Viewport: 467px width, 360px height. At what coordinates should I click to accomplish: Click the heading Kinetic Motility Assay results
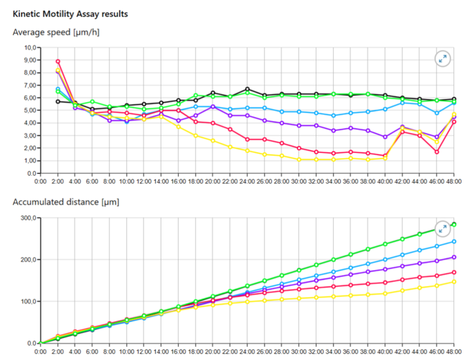[x=70, y=14]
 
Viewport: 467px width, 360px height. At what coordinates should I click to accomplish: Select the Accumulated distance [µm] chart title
[x=66, y=202]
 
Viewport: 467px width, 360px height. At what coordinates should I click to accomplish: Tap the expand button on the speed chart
[x=442, y=59]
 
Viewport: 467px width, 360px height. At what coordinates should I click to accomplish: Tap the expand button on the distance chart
[x=442, y=229]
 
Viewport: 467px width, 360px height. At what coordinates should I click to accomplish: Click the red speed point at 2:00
[x=57, y=62]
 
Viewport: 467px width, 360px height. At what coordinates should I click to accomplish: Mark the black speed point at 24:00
[x=247, y=89]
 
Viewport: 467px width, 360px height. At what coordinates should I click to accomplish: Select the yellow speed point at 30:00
[x=299, y=159]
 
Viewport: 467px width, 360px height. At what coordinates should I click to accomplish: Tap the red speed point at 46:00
[x=436, y=152]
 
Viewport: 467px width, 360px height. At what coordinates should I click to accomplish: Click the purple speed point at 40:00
[x=385, y=137]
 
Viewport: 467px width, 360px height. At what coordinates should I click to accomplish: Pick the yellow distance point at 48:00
[x=454, y=282]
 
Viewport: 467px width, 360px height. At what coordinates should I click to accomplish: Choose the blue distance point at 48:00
[x=454, y=242]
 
